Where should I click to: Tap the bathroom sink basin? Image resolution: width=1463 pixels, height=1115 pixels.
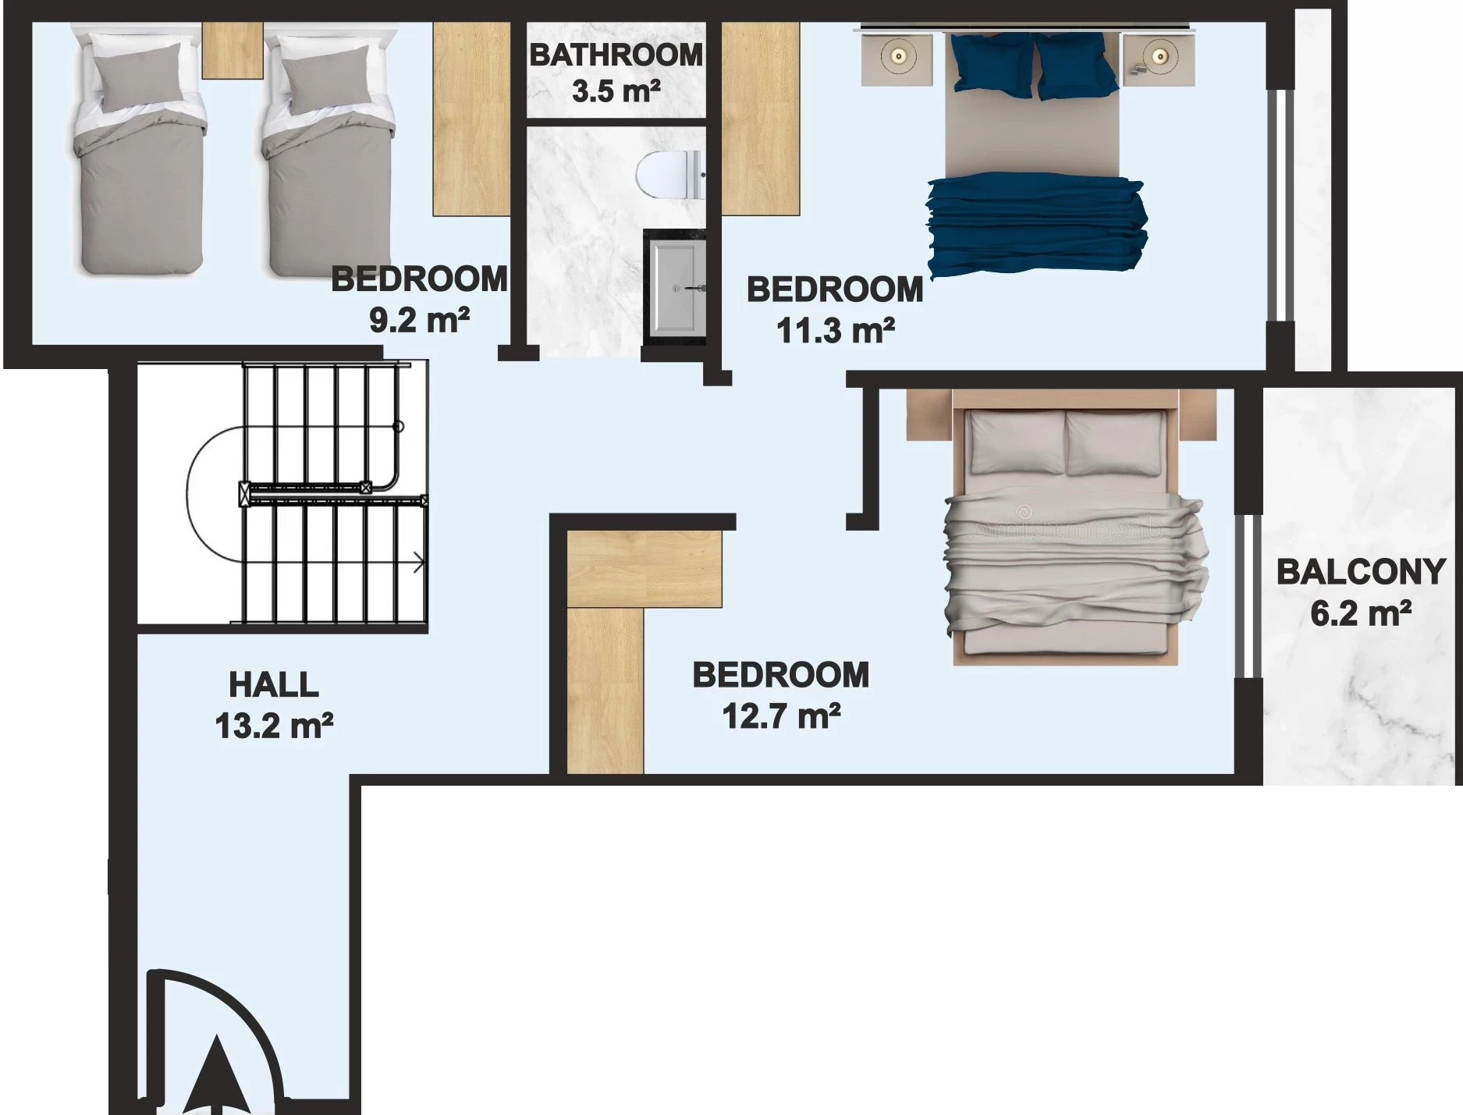[x=677, y=287]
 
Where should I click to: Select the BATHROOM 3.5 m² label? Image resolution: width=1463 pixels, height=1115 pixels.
[x=616, y=73]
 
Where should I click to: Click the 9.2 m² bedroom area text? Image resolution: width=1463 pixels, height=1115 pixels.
[x=419, y=319]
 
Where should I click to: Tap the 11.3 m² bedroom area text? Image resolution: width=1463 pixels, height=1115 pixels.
[x=835, y=330]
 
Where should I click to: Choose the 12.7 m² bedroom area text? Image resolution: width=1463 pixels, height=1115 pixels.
[x=781, y=715]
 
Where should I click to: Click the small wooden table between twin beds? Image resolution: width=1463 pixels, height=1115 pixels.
[x=232, y=50]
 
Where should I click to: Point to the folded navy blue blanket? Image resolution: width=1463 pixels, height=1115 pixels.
[x=1037, y=224]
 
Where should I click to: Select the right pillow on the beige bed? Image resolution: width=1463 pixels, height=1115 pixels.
[x=1114, y=443]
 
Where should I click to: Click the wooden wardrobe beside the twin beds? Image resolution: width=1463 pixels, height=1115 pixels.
[x=472, y=119]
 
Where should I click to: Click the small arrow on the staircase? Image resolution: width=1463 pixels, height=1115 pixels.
[x=418, y=562]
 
